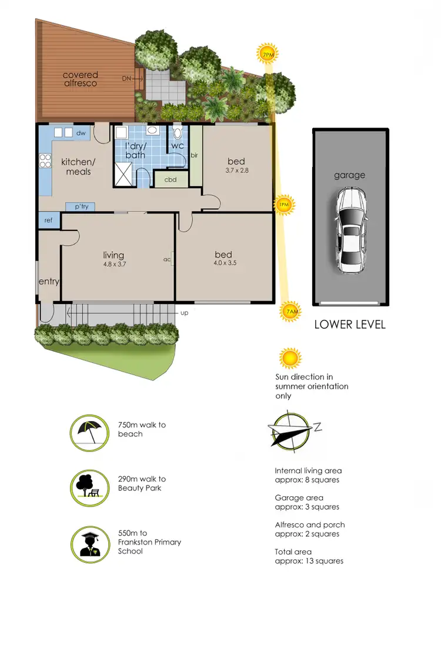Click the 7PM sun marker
[268, 54]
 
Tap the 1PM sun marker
[284, 204]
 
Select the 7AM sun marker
[290, 312]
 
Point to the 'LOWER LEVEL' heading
[350, 324]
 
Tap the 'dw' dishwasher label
[81, 133]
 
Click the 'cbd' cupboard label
[171, 180]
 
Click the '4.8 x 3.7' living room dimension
[113, 264]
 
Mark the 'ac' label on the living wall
[168, 259]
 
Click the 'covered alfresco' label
[81, 79]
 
